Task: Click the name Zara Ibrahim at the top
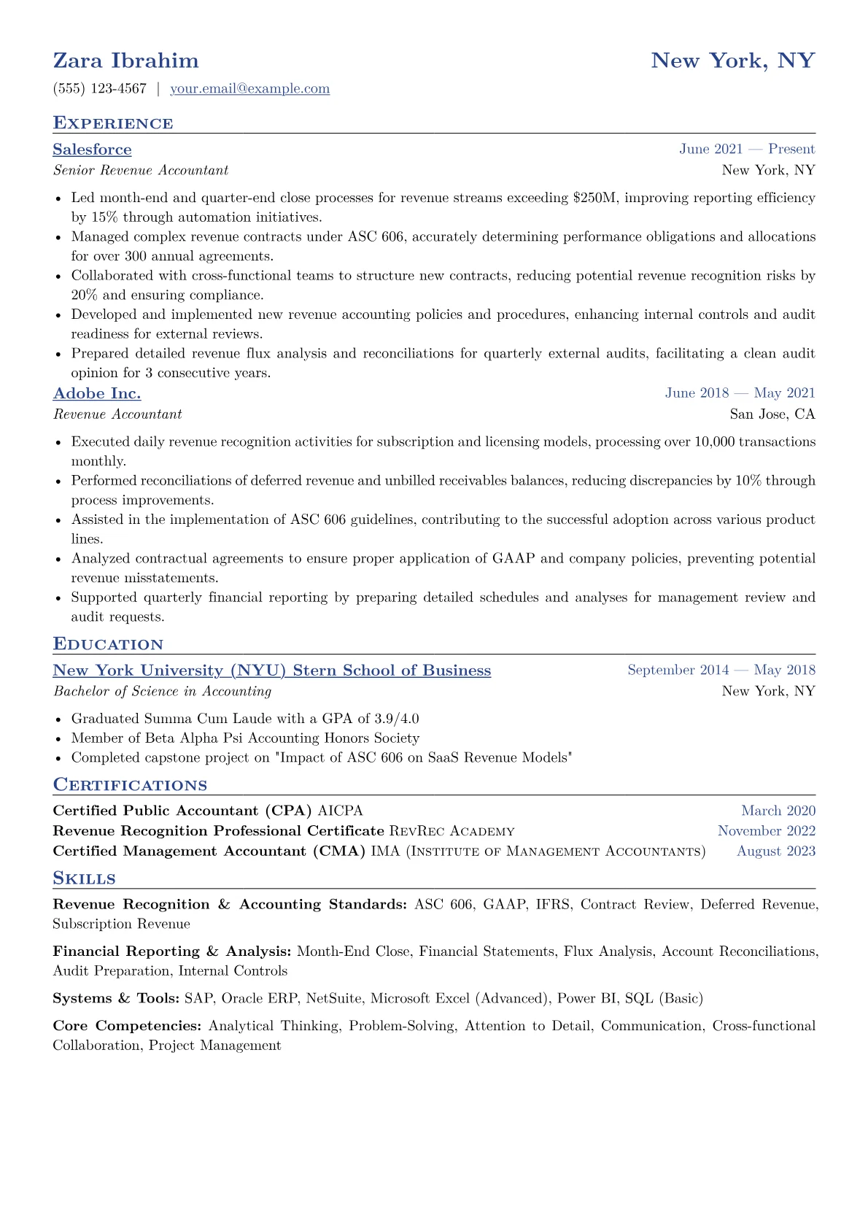click(x=125, y=61)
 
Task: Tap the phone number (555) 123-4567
click(x=100, y=89)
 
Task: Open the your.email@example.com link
click(x=249, y=89)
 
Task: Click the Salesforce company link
click(x=92, y=150)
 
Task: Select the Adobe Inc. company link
click(x=97, y=394)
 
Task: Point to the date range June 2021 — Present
click(x=747, y=150)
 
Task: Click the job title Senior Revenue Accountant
click(x=141, y=171)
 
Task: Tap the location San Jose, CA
click(x=772, y=414)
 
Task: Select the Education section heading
click(x=108, y=644)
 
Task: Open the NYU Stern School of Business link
click(x=272, y=671)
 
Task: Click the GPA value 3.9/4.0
click(x=397, y=719)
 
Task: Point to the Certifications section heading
click(x=130, y=785)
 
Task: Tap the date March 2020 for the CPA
click(x=778, y=811)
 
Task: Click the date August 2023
click(x=776, y=852)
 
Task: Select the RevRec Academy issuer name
click(x=452, y=832)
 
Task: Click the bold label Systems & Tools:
click(x=116, y=998)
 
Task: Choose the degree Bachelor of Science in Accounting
click(x=162, y=692)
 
